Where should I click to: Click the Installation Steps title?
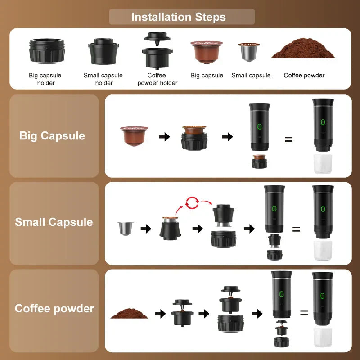[x=179, y=17]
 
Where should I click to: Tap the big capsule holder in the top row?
[x=47, y=52]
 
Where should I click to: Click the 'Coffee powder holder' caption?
[x=157, y=79]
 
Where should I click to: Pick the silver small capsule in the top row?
[x=249, y=53]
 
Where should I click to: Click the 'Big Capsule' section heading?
[x=52, y=136]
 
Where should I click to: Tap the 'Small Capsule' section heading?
[x=54, y=222]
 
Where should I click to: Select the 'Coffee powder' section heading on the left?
[x=54, y=309]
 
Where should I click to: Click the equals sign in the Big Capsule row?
[x=288, y=139]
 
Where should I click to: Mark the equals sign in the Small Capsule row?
[x=296, y=229]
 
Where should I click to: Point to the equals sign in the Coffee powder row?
[x=304, y=312]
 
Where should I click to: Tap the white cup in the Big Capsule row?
[x=322, y=164]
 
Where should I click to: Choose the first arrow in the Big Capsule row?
[x=165, y=137]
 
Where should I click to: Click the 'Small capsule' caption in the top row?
[x=251, y=76]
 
